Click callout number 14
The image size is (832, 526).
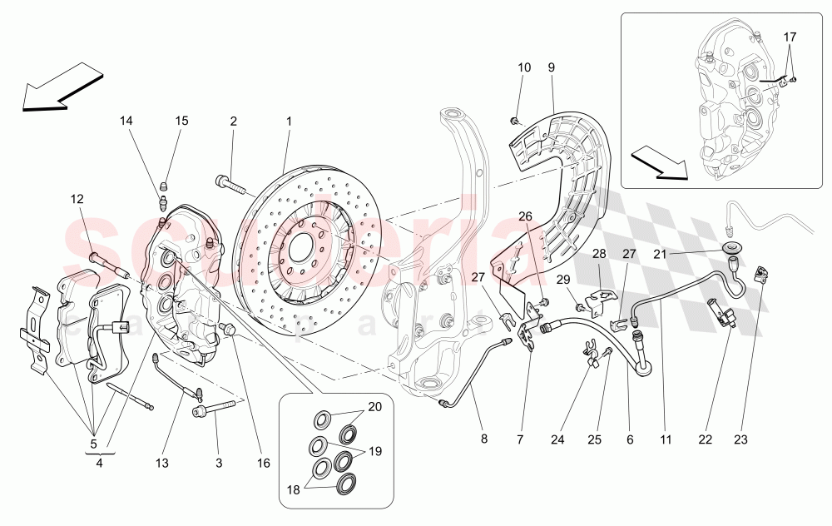(126, 121)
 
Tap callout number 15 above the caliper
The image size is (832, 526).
(182, 121)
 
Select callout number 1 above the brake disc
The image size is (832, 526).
(289, 121)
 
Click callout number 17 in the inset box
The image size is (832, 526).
(790, 37)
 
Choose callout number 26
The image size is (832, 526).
(525, 216)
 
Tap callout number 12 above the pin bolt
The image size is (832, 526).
(77, 199)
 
